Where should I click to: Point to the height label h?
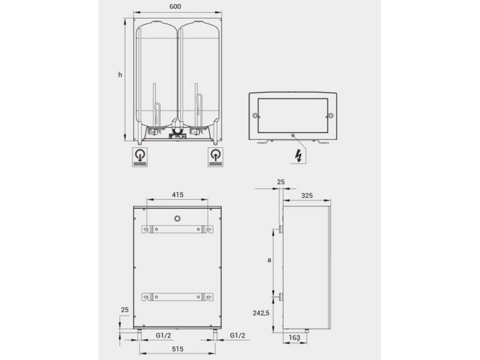(120, 74)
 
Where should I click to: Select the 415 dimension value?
(177, 194)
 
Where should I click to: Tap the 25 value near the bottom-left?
(124, 310)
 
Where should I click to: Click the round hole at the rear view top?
(177, 217)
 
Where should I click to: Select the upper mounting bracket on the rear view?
(177, 229)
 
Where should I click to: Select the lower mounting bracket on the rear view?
(177, 296)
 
